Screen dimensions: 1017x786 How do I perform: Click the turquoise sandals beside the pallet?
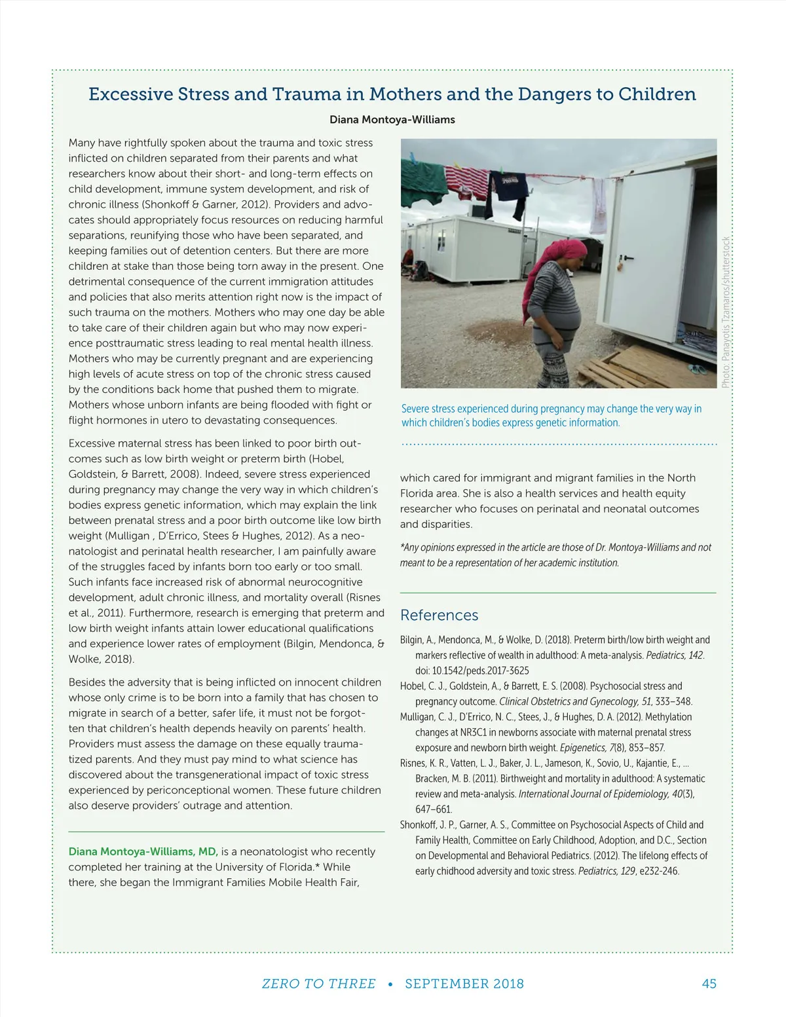(x=698, y=369)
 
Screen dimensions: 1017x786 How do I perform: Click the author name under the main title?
(x=392, y=120)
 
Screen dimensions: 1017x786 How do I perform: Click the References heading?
(x=439, y=615)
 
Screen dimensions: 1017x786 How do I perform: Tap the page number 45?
(x=709, y=984)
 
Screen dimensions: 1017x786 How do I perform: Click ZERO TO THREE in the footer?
(x=318, y=984)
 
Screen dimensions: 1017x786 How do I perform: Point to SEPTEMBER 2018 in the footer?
(x=464, y=984)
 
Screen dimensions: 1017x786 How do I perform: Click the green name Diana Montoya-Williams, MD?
(x=143, y=851)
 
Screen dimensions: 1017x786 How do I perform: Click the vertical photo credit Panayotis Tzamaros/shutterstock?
(x=725, y=312)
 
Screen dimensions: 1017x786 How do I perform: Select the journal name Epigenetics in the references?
(x=584, y=748)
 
